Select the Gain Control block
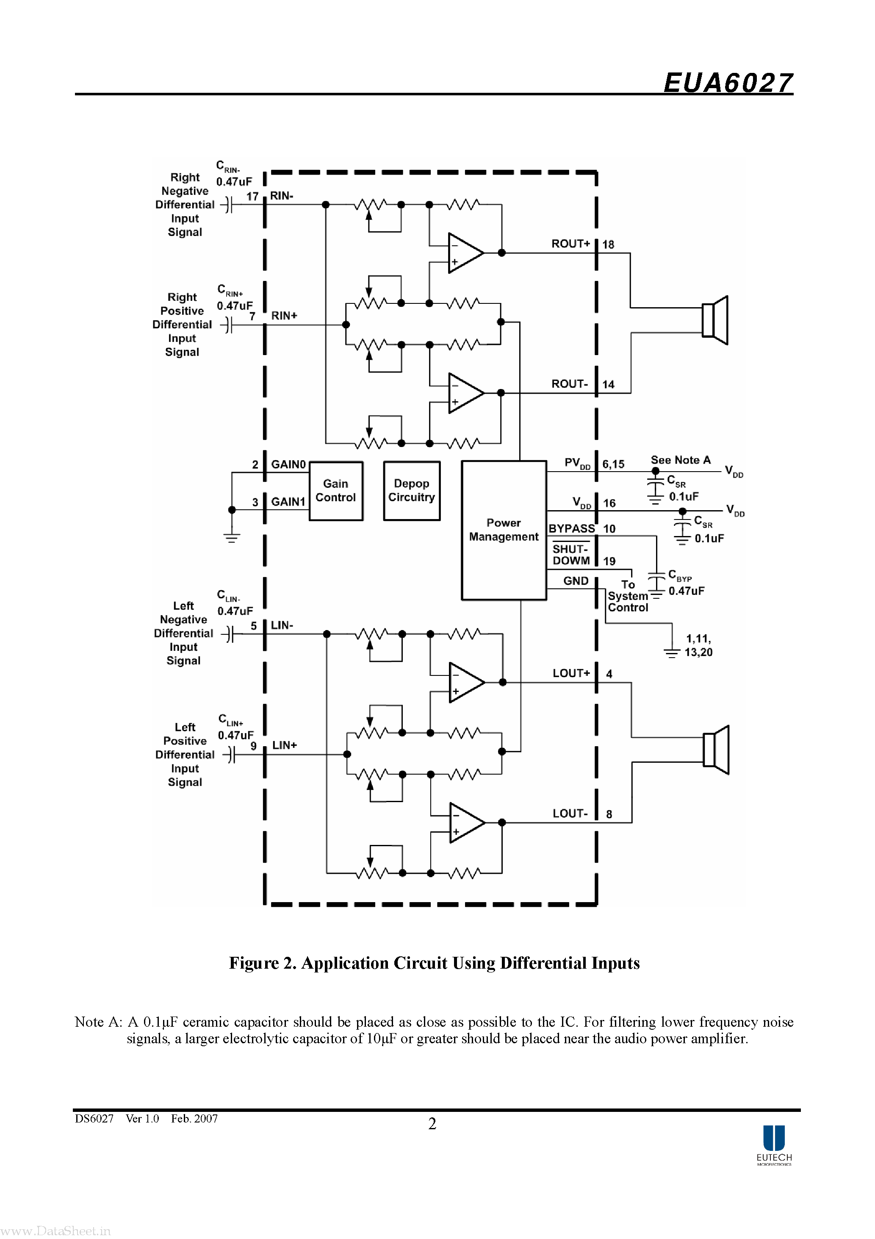click(335, 491)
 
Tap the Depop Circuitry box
click(412, 491)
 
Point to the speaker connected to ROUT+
click(715, 320)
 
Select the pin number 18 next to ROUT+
click(609, 244)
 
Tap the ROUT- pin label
click(570, 383)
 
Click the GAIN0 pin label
click(288, 464)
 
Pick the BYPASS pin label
click(572, 528)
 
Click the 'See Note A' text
click(680, 460)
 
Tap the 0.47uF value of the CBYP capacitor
click(686, 591)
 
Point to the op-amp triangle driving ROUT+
click(465, 253)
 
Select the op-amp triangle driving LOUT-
click(467, 822)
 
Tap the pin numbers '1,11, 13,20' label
click(698, 645)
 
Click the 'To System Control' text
click(627, 596)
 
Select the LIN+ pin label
click(284, 745)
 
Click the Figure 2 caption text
click(434, 963)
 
